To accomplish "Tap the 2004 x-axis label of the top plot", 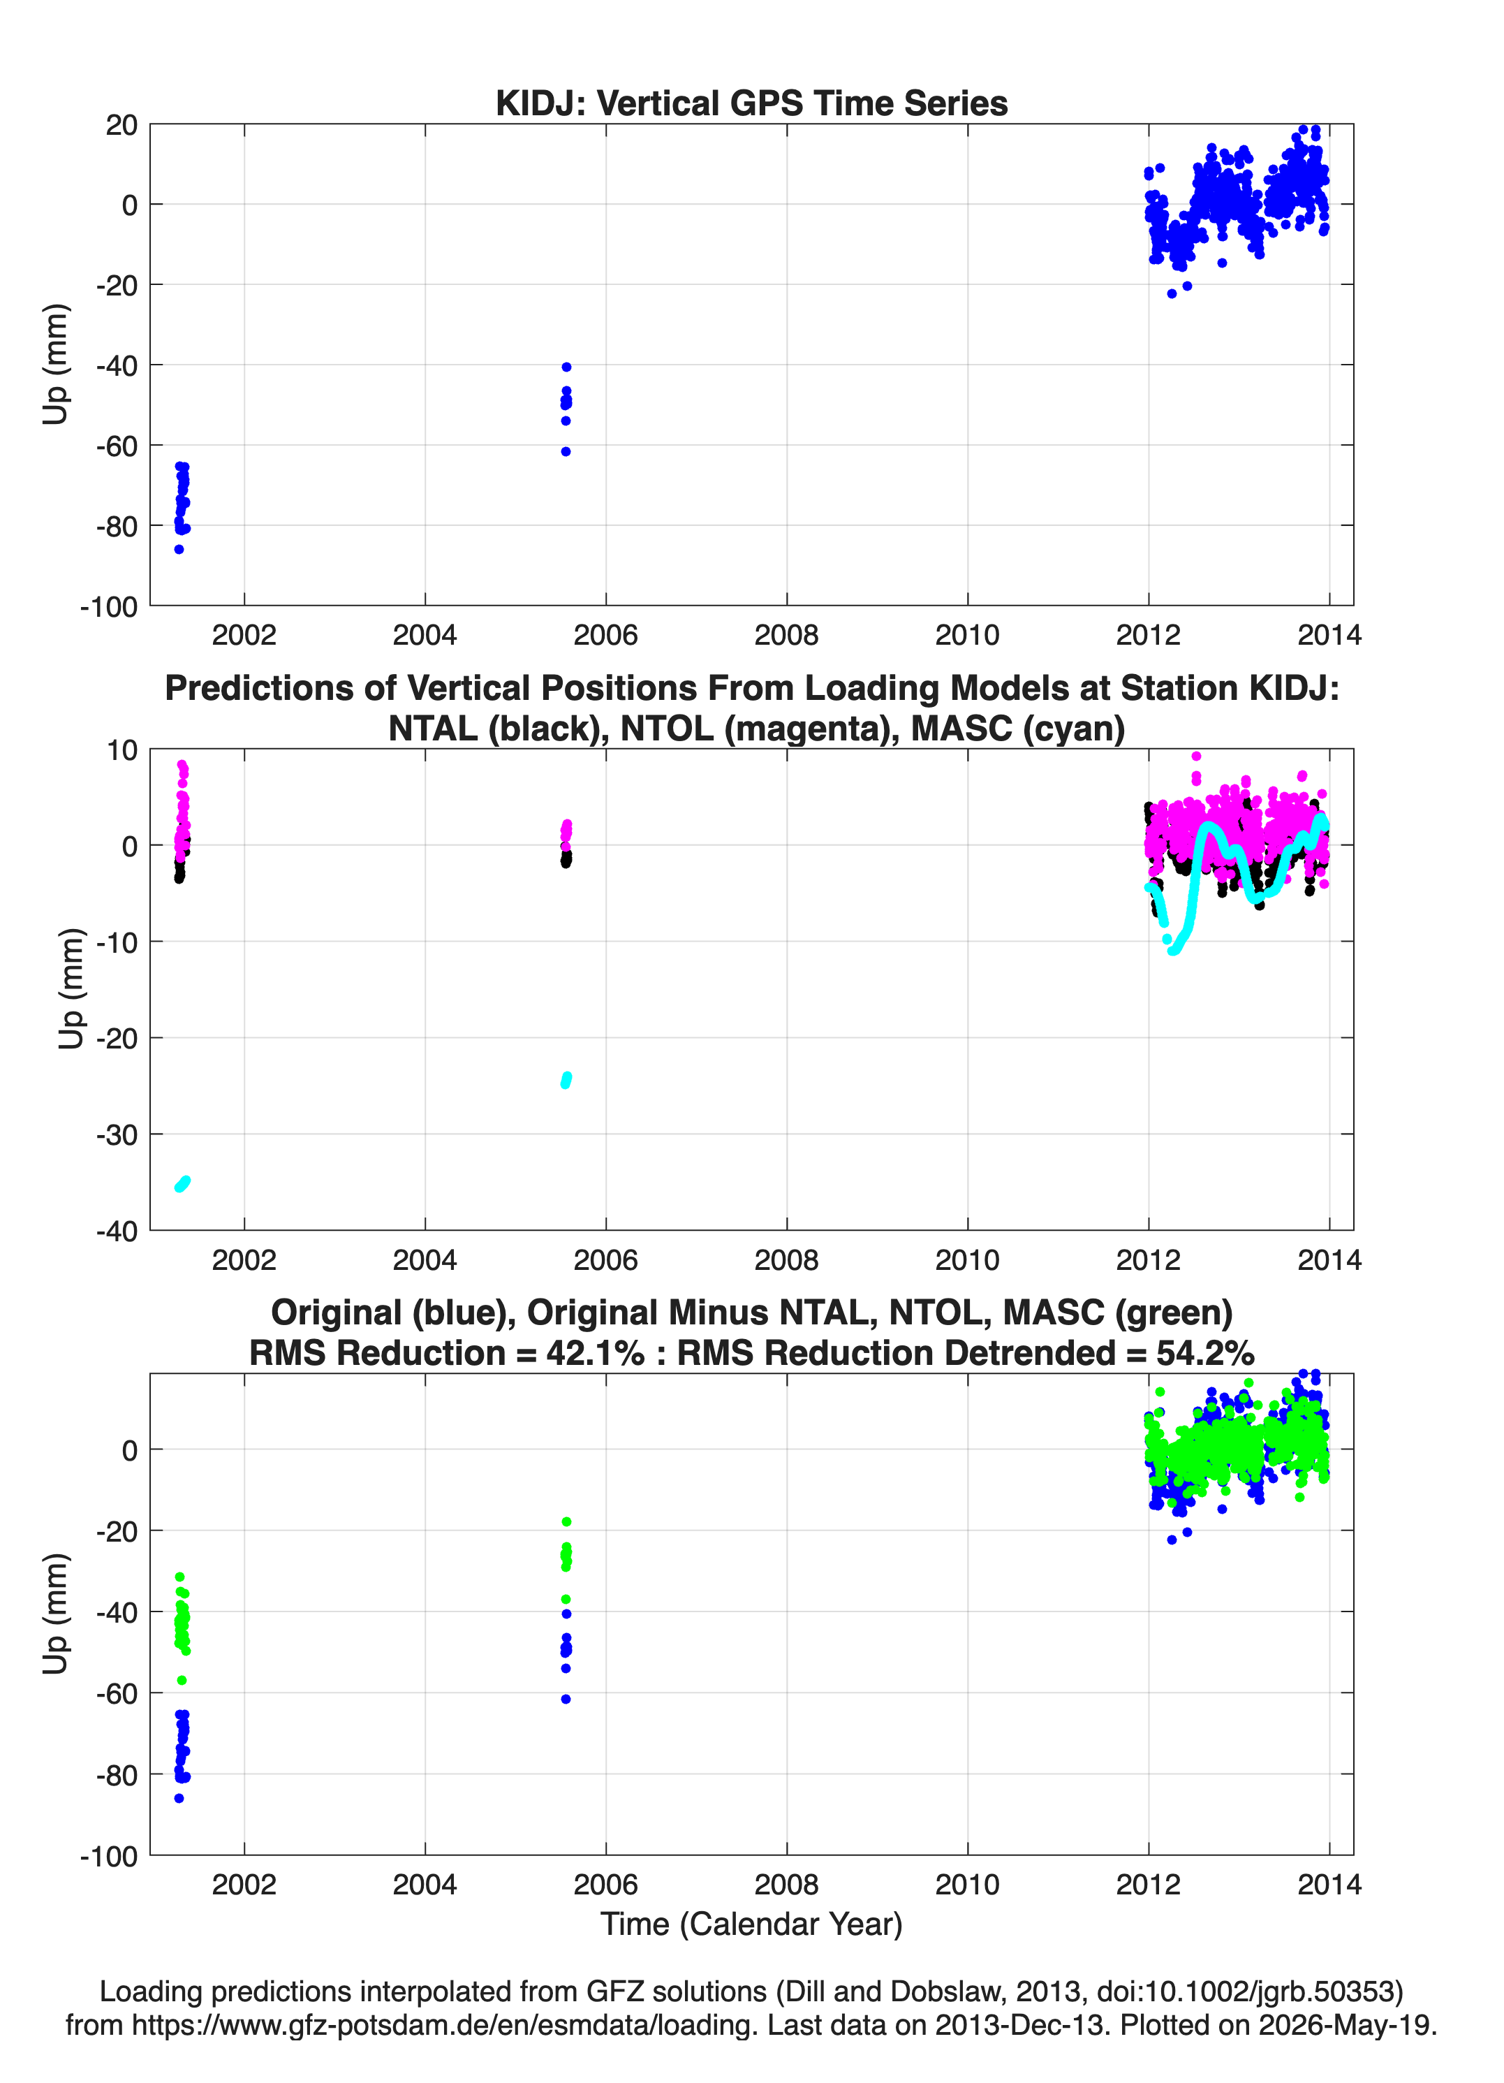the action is (425, 635).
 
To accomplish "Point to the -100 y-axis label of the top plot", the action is (109, 606).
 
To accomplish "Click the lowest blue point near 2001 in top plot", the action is (179, 549).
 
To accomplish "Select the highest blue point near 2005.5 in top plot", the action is (566, 367).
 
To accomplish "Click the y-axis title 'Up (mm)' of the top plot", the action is (55, 365).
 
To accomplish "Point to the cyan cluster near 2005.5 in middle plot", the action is (566, 1079).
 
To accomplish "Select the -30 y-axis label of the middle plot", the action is (117, 1135).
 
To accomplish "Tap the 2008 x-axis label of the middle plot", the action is (786, 1260).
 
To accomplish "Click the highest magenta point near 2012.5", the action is (1195, 757).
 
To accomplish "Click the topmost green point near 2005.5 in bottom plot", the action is (566, 1522).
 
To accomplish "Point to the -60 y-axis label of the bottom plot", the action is (117, 1693).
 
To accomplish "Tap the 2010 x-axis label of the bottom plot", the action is (967, 1885).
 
